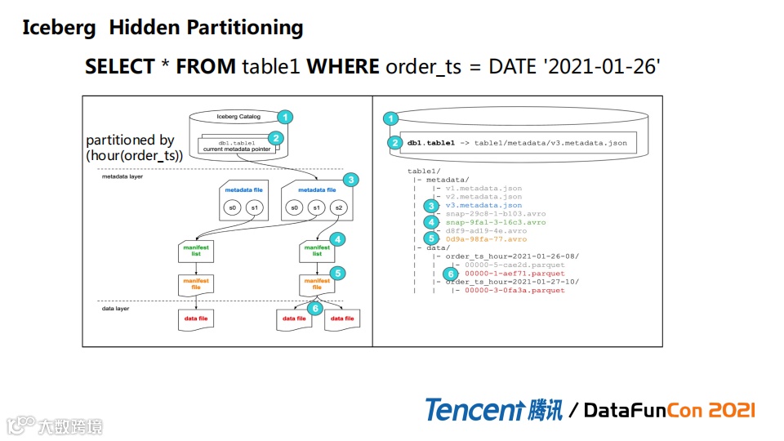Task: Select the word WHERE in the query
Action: [x=342, y=66]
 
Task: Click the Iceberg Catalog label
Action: [x=238, y=116]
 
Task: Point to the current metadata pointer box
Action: [x=236, y=145]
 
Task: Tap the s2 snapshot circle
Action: [x=338, y=208]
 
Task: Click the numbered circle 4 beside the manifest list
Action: [x=339, y=240]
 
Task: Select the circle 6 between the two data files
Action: [x=314, y=308]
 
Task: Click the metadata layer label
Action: [x=122, y=176]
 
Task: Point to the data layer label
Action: [x=117, y=310]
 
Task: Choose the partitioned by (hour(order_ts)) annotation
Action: [x=135, y=147]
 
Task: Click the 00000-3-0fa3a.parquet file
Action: [x=514, y=291]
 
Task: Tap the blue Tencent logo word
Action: [x=473, y=409]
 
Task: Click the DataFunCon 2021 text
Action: [x=670, y=410]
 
